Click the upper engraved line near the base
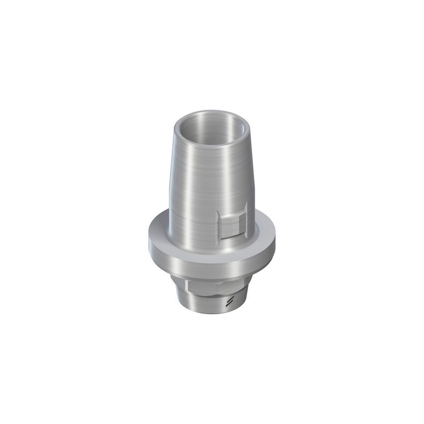[x=230, y=299]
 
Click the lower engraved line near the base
[x=230, y=304]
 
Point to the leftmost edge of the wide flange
[x=149, y=243]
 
